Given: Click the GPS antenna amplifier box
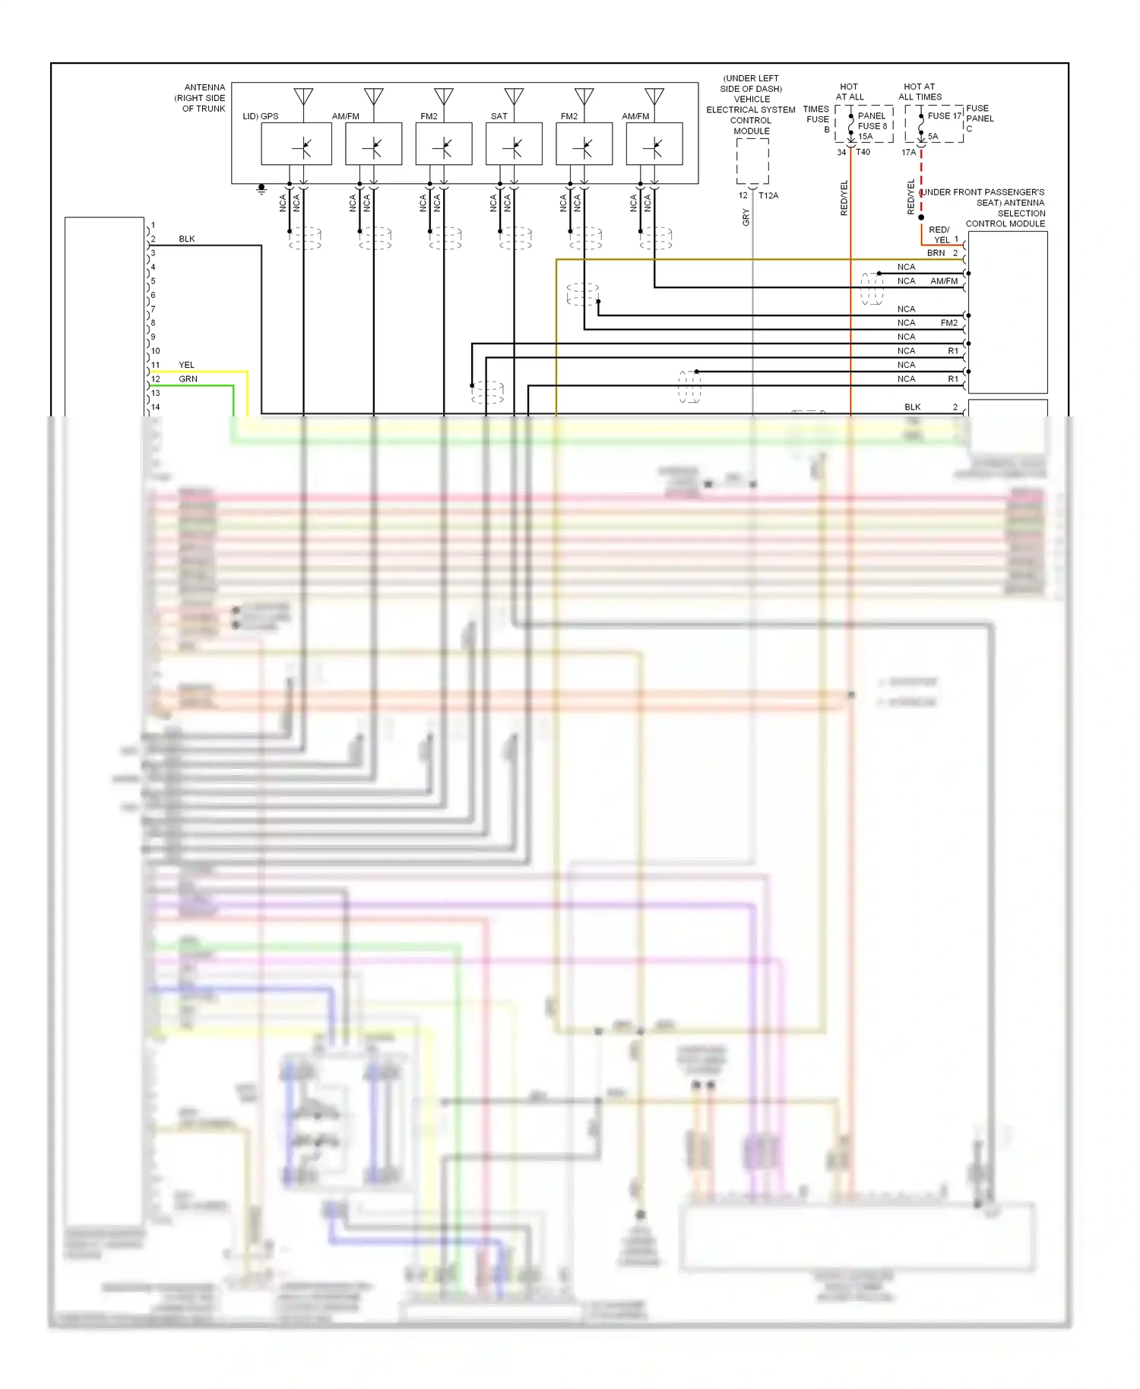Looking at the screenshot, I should (296, 144).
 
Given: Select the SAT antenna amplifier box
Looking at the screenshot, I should (514, 144).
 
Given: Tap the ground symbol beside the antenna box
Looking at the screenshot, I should (261, 188).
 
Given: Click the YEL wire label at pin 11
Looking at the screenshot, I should (186, 365).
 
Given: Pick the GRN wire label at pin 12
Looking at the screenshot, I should (188, 379).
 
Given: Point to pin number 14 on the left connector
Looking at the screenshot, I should (155, 407).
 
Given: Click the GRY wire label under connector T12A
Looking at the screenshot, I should (746, 217).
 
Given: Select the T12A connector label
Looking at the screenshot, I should (768, 196).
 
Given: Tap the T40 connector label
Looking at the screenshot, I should (863, 152).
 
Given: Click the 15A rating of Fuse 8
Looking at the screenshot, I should (866, 137).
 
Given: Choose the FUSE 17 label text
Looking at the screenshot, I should (945, 116).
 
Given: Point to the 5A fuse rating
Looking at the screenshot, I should (933, 137).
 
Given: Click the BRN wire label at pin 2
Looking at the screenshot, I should (936, 253).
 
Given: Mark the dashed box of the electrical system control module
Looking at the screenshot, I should (752, 161).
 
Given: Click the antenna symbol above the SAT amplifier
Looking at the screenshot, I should (514, 97).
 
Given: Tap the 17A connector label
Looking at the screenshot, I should (908, 153).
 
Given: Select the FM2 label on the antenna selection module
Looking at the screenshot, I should (949, 323).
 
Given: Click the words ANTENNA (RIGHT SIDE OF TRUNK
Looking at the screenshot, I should (201, 98).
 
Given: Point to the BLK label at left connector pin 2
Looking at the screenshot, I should (186, 239).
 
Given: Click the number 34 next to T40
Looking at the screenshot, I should (841, 152).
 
